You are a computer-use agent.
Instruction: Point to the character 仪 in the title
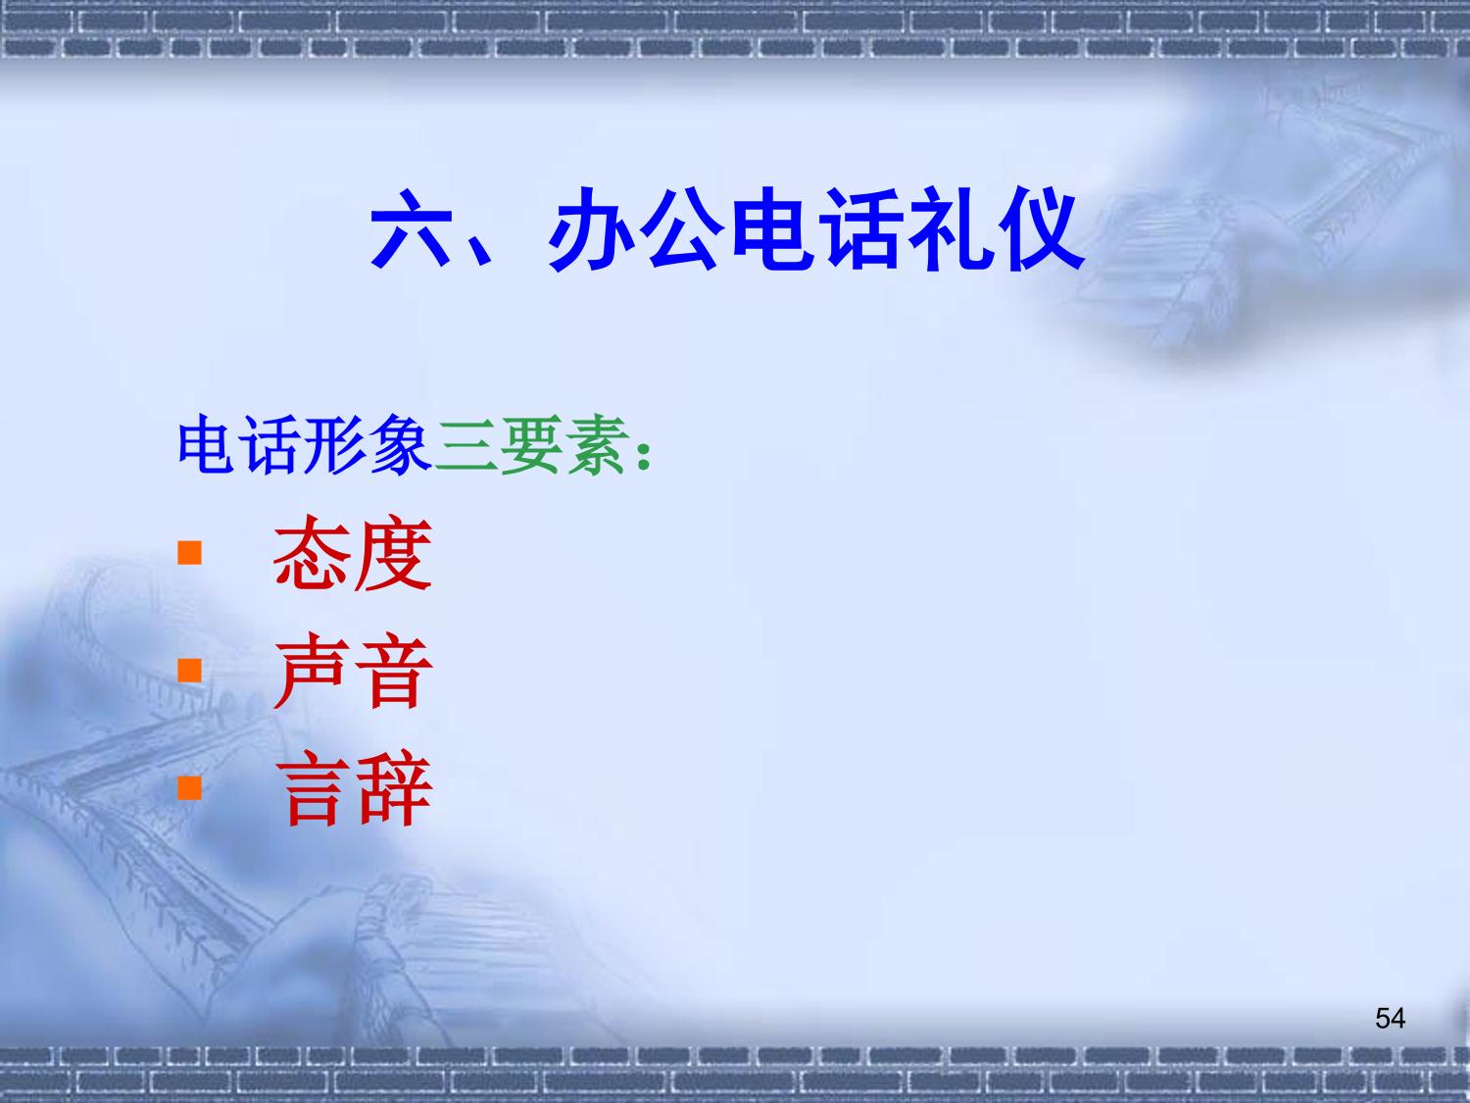(1042, 229)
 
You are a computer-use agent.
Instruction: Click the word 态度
(352, 553)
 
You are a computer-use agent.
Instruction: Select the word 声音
(353, 671)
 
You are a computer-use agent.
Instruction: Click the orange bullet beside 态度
(189, 553)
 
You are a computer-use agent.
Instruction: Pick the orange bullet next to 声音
(189, 671)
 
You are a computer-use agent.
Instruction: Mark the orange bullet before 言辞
(189, 788)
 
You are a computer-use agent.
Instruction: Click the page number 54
(1391, 1019)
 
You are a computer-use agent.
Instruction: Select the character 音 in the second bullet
(394, 671)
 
